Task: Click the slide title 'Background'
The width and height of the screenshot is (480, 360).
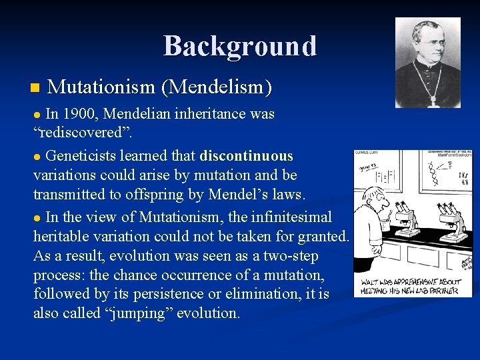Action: pos(240,46)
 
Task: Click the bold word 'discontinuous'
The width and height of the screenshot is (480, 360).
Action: pos(246,156)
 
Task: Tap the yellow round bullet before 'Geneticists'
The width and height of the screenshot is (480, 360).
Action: pos(37,157)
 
